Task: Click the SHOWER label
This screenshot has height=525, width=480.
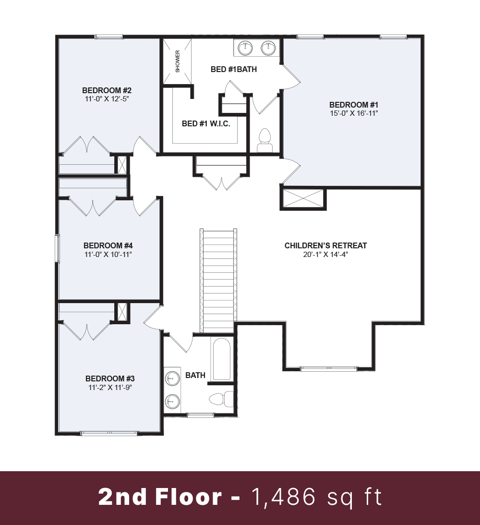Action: tap(177, 61)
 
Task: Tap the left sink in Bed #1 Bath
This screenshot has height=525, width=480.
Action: tap(245, 48)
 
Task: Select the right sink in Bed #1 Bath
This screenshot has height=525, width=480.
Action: tap(268, 48)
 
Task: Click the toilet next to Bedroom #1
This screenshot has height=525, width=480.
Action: tap(264, 140)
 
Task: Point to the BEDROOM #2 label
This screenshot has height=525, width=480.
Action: tap(107, 90)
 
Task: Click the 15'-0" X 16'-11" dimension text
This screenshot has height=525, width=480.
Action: tap(354, 113)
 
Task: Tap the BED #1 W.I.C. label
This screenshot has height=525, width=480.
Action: tap(206, 123)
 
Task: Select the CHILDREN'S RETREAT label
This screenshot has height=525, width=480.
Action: tap(325, 245)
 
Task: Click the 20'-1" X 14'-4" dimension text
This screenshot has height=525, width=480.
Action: tap(325, 255)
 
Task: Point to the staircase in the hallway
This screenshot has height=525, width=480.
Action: tap(218, 281)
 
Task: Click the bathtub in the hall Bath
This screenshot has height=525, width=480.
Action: tap(221, 359)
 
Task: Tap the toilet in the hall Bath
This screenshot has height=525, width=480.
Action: tap(221, 399)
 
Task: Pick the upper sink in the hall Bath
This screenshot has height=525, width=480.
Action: tap(172, 379)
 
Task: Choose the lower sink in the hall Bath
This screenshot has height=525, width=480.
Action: tap(172, 401)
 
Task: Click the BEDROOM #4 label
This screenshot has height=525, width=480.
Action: tap(108, 245)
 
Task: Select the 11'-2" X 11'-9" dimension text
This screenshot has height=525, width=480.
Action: tap(110, 388)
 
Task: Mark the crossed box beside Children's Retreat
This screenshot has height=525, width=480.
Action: tap(303, 199)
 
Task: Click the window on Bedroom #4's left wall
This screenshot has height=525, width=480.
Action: tap(58, 249)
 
